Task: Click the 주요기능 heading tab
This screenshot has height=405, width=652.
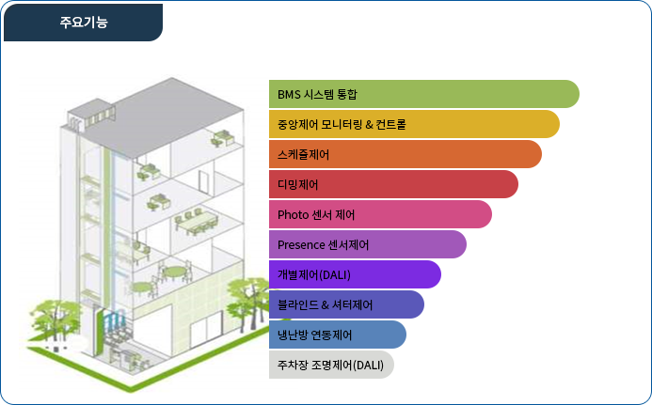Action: pyautogui.click(x=83, y=23)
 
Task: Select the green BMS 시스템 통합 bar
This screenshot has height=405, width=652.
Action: pyautogui.click(x=424, y=94)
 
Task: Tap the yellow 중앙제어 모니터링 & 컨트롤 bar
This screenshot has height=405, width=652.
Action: pyautogui.click(x=414, y=124)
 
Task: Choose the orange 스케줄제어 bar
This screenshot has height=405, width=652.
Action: pyautogui.click(x=406, y=154)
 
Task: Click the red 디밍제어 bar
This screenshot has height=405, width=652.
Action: pyautogui.click(x=393, y=184)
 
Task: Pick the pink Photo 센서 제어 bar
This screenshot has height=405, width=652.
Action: pyautogui.click(x=380, y=214)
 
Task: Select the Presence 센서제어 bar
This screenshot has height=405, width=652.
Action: pyautogui.click(x=368, y=244)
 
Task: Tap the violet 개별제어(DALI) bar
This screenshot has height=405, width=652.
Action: pyautogui.click(x=355, y=274)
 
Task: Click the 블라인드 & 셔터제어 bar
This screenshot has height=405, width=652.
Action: pyautogui.click(x=346, y=304)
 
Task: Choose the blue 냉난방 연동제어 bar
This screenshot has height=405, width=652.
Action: pyautogui.click(x=338, y=335)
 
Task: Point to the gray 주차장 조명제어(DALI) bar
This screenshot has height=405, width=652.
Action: pyautogui.click(x=331, y=365)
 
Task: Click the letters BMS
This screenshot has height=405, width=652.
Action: pyautogui.click(x=289, y=94)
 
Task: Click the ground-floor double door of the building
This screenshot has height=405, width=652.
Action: pyautogui.click(x=207, y=329)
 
